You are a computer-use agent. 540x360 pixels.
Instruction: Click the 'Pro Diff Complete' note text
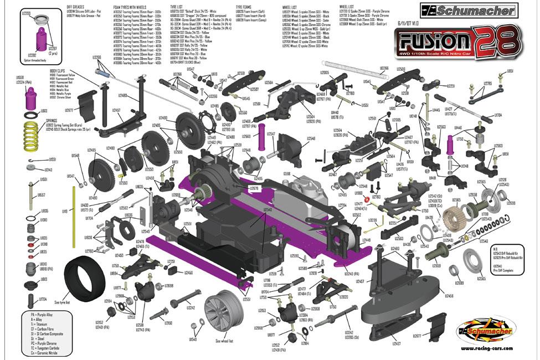point(505,271)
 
